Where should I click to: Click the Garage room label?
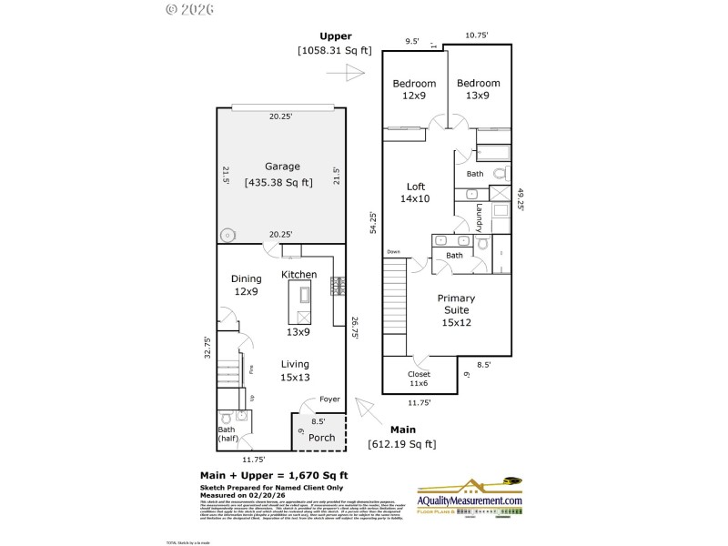pos(282,167)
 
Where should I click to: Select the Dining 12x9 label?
pos(247,285)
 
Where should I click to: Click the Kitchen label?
pos(298,274)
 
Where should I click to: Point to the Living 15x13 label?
pos(295,370)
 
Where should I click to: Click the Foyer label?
pos(329,399)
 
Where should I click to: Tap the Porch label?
pos(321,437)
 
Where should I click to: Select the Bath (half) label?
pos(227,434)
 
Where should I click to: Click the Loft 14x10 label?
pos(415,192)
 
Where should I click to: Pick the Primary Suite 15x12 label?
pos(456,309)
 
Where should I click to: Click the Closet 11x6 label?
pos(419,379)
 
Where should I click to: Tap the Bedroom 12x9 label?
pos(414,90)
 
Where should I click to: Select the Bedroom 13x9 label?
pos(479,90)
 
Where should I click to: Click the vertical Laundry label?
pos(479,218)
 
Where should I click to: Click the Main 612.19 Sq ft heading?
pos(401,437)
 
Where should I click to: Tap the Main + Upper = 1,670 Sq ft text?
pos(274,475)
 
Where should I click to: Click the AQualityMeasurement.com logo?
pos(470,500)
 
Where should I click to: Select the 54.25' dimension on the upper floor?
pos(371,224)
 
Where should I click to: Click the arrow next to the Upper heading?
pos(353,72)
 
